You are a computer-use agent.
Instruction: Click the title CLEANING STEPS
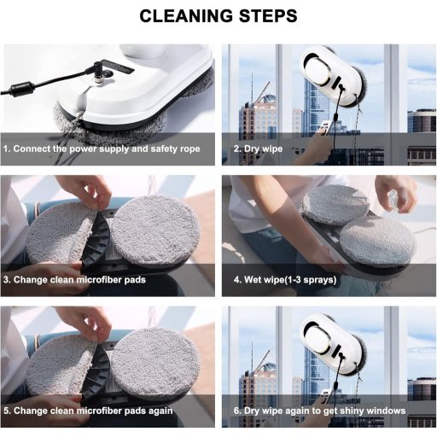(x=218, y=15)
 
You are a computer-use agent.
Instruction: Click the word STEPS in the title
(x=268, y=15)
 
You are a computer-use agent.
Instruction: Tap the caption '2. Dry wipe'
(x=258, y=149)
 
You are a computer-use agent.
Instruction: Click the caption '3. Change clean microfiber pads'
(x=74, y=280)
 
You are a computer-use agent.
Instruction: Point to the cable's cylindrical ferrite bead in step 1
(x=20, y=89)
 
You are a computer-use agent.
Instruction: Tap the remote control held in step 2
(x=324, y=127)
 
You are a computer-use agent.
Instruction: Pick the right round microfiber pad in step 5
(x=155, y=361)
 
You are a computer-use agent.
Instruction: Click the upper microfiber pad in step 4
(x=335, y=205)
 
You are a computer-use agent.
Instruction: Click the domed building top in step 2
(x=266, y=99)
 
